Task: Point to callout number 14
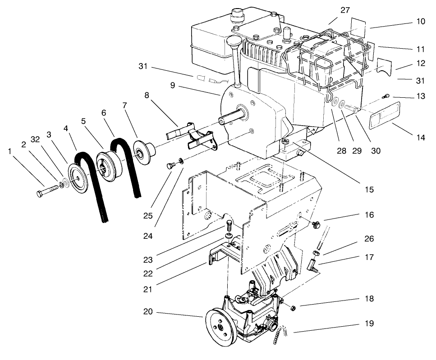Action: coord(420,137)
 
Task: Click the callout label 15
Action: coord(369,190)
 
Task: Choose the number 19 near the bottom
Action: coord(369,324)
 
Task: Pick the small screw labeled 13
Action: coord(386,96)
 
